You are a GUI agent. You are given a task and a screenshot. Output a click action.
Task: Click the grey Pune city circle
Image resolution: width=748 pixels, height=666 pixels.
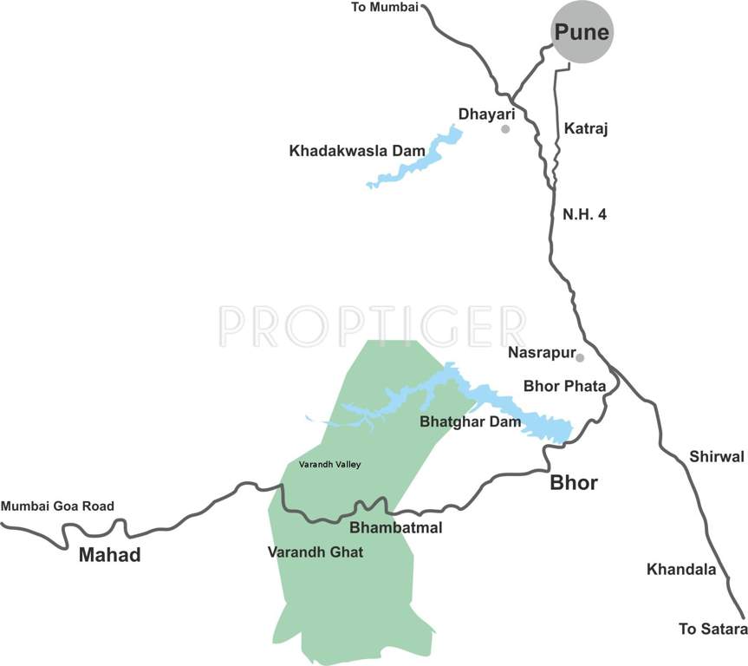(x=582, y=33)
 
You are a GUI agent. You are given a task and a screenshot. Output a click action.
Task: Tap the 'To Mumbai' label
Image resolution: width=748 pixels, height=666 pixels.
(x=384, y=8)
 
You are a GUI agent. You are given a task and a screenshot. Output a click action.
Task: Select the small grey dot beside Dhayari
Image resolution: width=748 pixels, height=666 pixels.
(x=505, y=129)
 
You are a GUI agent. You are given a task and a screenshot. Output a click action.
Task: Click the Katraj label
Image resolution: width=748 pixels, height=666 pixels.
(x=587, y=129)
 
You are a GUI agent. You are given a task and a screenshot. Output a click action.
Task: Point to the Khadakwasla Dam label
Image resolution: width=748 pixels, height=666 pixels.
(x=357, y=151)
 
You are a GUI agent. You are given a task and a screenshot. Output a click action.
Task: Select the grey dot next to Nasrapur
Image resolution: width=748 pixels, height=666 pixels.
(x=580, y=357)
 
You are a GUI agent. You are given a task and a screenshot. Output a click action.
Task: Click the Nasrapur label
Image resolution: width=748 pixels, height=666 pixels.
(x=540, y=353)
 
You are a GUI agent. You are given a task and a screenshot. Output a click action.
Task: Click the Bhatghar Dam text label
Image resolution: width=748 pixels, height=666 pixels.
(x=470, y=422)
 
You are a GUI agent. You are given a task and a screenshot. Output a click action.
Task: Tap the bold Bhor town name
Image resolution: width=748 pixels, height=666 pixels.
(x=574, y=483)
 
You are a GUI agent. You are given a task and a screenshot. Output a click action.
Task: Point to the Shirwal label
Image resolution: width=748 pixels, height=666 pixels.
(x=717, y=456)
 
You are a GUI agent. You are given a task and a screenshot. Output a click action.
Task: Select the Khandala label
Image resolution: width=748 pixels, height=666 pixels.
(x=681, y=570)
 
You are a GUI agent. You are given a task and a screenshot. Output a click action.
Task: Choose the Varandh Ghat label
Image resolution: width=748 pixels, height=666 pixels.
(x=315, y=551)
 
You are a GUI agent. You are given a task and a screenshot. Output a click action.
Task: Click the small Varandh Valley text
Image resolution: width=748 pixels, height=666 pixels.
(x=329, y=465)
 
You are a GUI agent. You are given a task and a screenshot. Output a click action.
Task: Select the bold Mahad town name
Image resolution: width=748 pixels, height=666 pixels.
(x=109, y=555)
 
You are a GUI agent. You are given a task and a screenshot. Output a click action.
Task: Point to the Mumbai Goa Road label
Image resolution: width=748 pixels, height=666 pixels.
(x=57, y=506)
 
